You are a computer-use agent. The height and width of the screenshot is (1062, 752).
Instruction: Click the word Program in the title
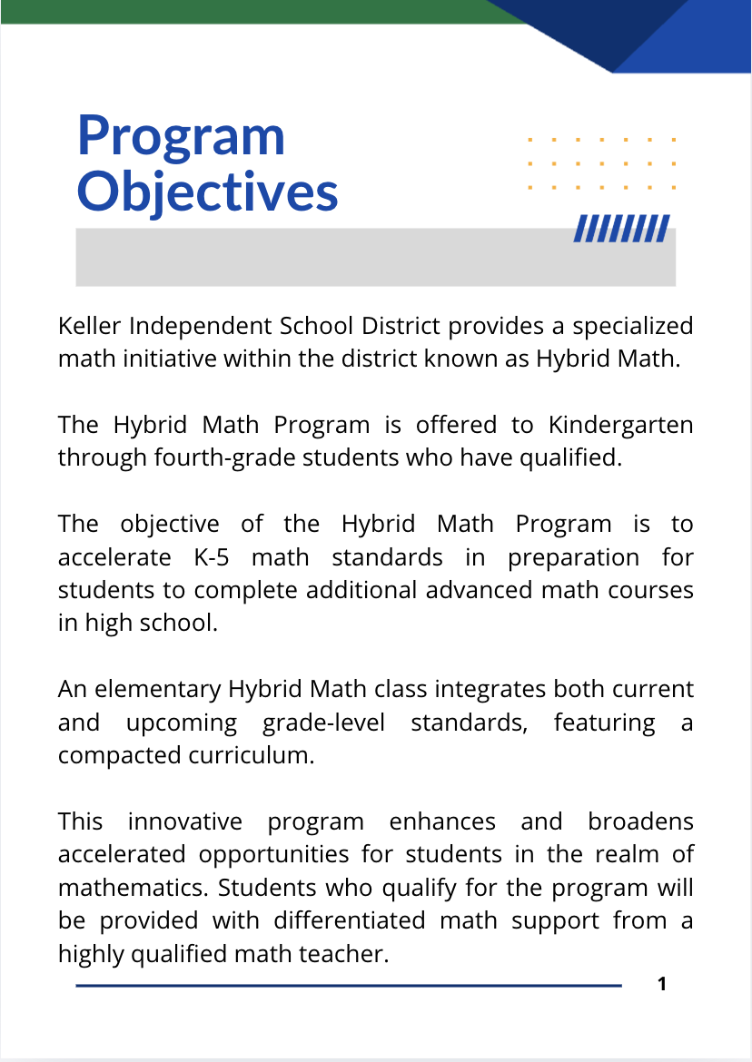pyautogui.click(x=181, y=136)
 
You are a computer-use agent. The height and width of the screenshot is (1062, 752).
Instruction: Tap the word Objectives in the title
pyautogui.click(x=207, y=192)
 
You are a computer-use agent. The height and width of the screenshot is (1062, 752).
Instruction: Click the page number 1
pyautogui.click(x=662, y=984)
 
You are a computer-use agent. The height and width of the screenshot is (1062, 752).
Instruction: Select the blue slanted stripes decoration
pyautogui.click(x=621, y=229)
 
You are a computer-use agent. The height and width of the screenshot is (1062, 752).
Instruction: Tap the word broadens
pyautogui.click(x=640, y=821)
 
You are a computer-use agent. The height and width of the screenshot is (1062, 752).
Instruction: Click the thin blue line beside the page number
pyautogui.click(x=349, y=985)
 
